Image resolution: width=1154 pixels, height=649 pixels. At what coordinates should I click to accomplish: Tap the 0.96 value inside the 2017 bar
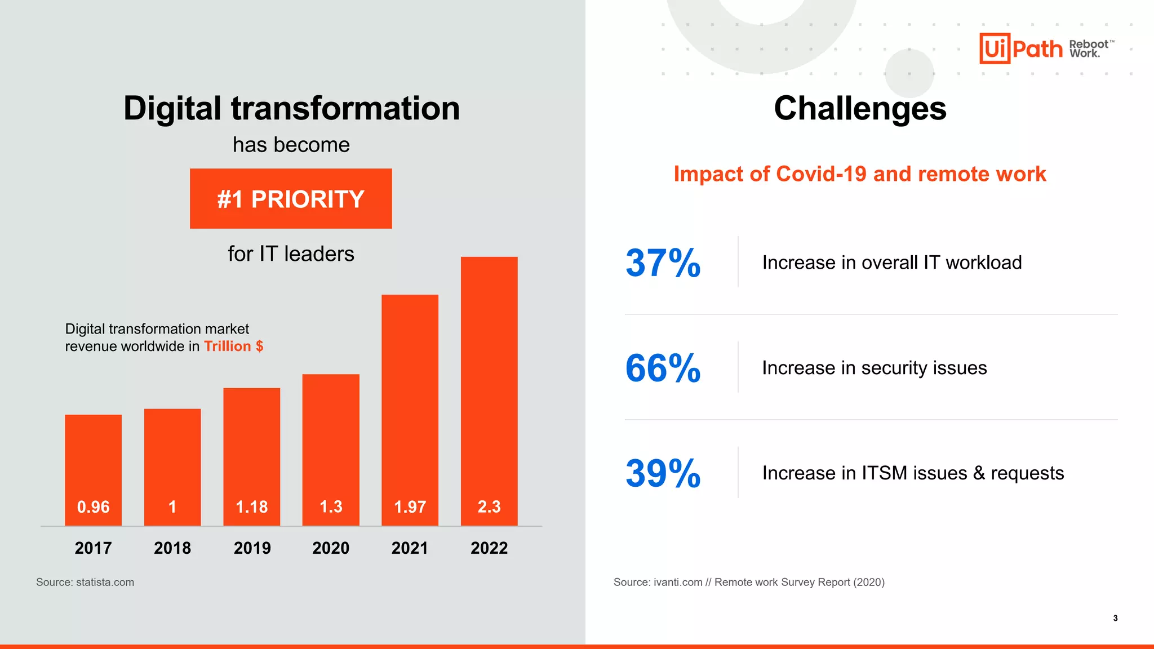93,507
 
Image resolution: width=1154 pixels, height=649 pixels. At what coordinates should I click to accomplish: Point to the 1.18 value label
251,507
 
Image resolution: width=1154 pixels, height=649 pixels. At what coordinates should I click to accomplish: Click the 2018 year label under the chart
172,548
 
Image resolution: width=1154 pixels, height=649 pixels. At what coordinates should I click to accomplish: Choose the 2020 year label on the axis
331,548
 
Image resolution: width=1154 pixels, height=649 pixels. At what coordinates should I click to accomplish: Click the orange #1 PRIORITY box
291,199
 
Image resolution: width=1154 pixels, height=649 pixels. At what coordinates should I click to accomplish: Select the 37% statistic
663,263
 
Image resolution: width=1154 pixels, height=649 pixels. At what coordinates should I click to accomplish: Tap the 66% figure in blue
663,368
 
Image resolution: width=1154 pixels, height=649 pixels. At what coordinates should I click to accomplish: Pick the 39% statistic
663,473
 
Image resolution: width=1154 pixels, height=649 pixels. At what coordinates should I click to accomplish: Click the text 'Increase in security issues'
874,368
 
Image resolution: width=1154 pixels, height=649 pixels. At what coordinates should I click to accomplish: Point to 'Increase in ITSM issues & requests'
913,473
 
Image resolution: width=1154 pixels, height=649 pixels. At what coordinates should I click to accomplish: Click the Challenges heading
860,108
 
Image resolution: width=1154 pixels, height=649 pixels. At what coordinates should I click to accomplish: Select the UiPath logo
1021,49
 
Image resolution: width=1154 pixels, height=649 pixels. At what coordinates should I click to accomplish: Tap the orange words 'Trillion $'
233,346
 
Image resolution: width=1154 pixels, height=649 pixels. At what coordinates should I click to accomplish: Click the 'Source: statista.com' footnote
85,582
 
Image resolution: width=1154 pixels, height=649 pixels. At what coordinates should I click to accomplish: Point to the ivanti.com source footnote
749,582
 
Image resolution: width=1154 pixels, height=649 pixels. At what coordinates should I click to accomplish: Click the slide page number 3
1115,618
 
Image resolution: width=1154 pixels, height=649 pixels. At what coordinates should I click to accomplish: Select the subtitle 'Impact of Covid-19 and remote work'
860,174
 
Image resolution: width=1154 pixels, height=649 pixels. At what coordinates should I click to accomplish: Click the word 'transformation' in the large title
345,108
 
